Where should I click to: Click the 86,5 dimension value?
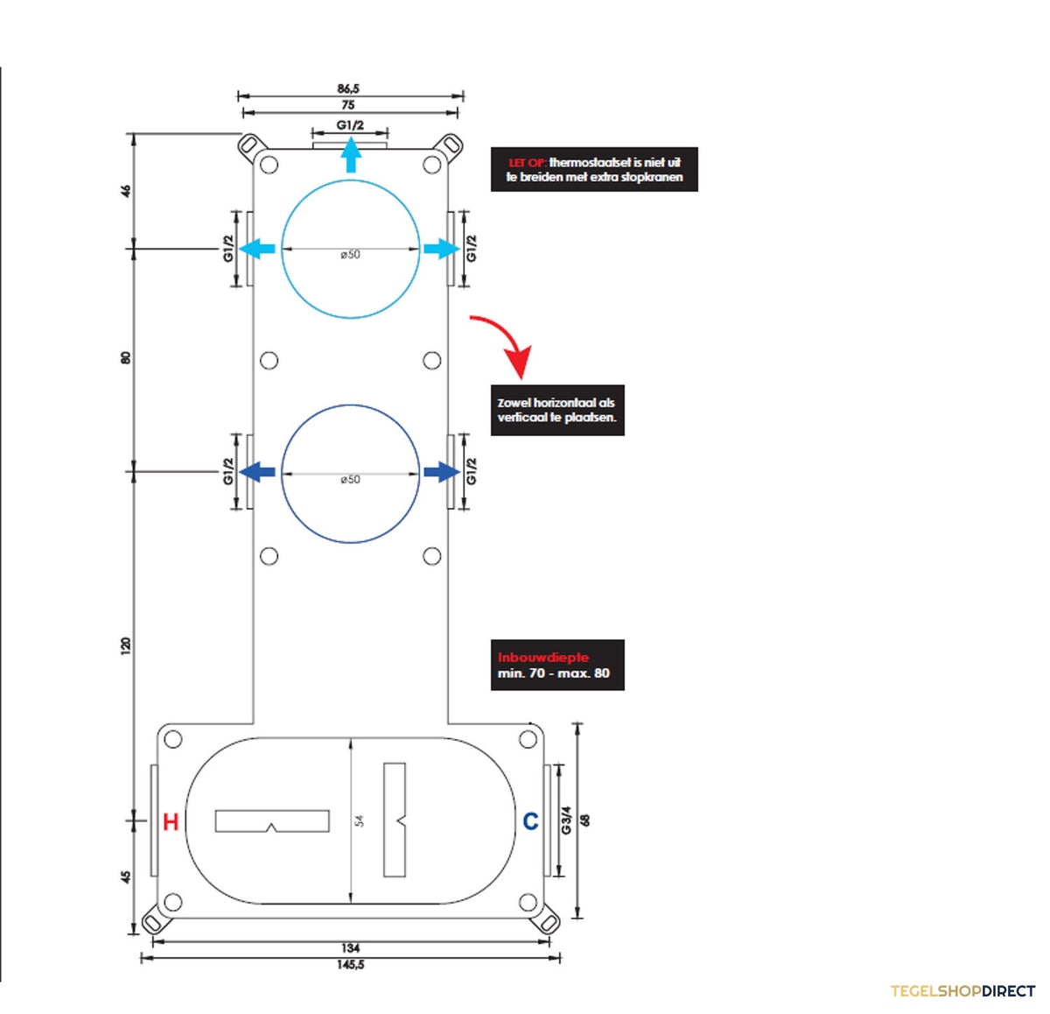(348, 88)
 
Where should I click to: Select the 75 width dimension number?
(348, 105)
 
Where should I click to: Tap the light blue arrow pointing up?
(351, 155)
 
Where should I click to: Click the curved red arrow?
(505, 344)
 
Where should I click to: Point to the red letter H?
(171, 821)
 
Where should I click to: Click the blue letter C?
(530, 821)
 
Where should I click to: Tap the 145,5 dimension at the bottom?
(351, 964)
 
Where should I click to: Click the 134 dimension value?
(351, 948)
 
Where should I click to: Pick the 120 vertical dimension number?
(126, 646)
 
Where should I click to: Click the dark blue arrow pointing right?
(442, 472)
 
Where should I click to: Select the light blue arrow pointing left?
(257, 249)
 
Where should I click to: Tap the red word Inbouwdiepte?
(542, 658)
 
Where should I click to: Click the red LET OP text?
(528, 163)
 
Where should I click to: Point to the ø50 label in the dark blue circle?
(350, 480)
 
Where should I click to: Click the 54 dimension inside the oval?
(360, 820)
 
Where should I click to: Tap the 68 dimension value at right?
(586, 820)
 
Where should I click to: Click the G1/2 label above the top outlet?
(350, 125)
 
